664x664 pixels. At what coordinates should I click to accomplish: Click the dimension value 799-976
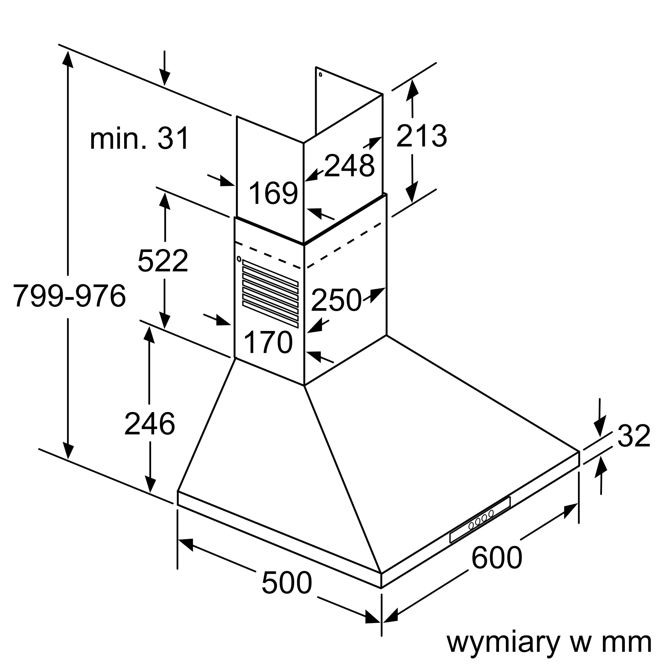pyautogui.click(x=69, y=296)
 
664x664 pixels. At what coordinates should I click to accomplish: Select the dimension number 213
pyautogui.click(x=421, y=136)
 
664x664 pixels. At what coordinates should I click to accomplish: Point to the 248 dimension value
pyautogui.click(x=349, y=166)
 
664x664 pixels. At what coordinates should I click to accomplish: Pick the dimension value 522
pyautogui.click(x=163, y=261)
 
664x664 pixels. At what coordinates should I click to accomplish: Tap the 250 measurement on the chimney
pyautogui.click(x=336, y=300)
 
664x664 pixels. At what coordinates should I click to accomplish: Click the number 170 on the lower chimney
pyautogui.click(x=268, y=342)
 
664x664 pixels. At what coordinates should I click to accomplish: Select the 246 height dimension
pyautogui.click(x=149, y=424)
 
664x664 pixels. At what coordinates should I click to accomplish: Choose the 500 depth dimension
pyautogui.click(x=287, y=583)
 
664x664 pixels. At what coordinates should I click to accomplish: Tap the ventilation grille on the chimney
pyautogui.click(x=271, y=293)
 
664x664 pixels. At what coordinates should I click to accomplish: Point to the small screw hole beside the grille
pyautogui.click(x=239, y=258)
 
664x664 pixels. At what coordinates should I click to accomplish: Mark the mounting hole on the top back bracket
pyautogui.click(x=320, y=74)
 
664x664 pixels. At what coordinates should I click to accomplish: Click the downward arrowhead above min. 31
pyautogui.click(x=165, y=78)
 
